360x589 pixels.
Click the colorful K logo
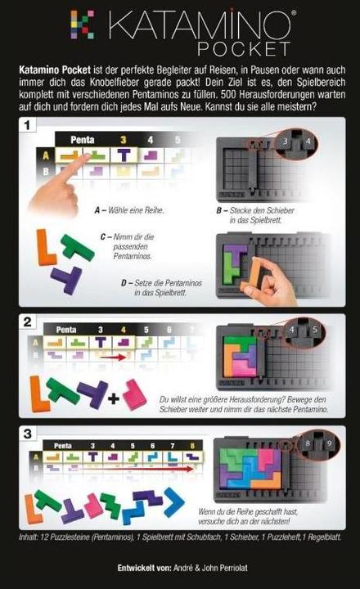(83, 25)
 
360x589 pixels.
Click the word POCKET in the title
(245, 49)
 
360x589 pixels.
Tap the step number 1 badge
(28, 125)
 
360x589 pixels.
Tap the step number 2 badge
(28, 322)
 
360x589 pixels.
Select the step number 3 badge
(28, 434)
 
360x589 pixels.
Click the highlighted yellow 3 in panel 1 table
(124, 140)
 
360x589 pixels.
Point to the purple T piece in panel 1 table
(124, 155)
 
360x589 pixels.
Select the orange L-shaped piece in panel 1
(45, 247)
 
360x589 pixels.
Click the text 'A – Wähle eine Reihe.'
(129, 210)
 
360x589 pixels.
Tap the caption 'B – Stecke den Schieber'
(255, 210)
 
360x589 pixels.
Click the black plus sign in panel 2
(114, 399)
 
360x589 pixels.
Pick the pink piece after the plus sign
(133, 394)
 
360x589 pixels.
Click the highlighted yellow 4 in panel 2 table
(124, 330)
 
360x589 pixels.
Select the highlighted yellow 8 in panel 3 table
(192, 446)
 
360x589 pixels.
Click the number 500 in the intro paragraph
(232, 94)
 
